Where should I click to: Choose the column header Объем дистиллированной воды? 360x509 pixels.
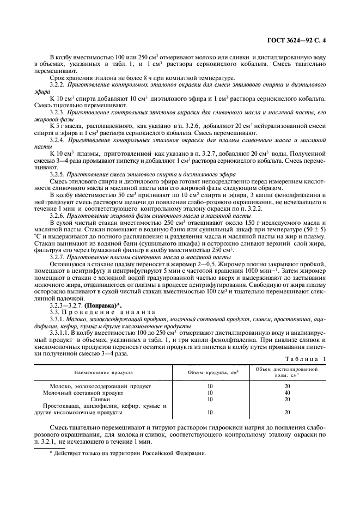point(286,372)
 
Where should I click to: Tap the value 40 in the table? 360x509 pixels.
point(286,392)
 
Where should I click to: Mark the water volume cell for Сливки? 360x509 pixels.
point(286,398)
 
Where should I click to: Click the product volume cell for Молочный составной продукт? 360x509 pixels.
point(210,392)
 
